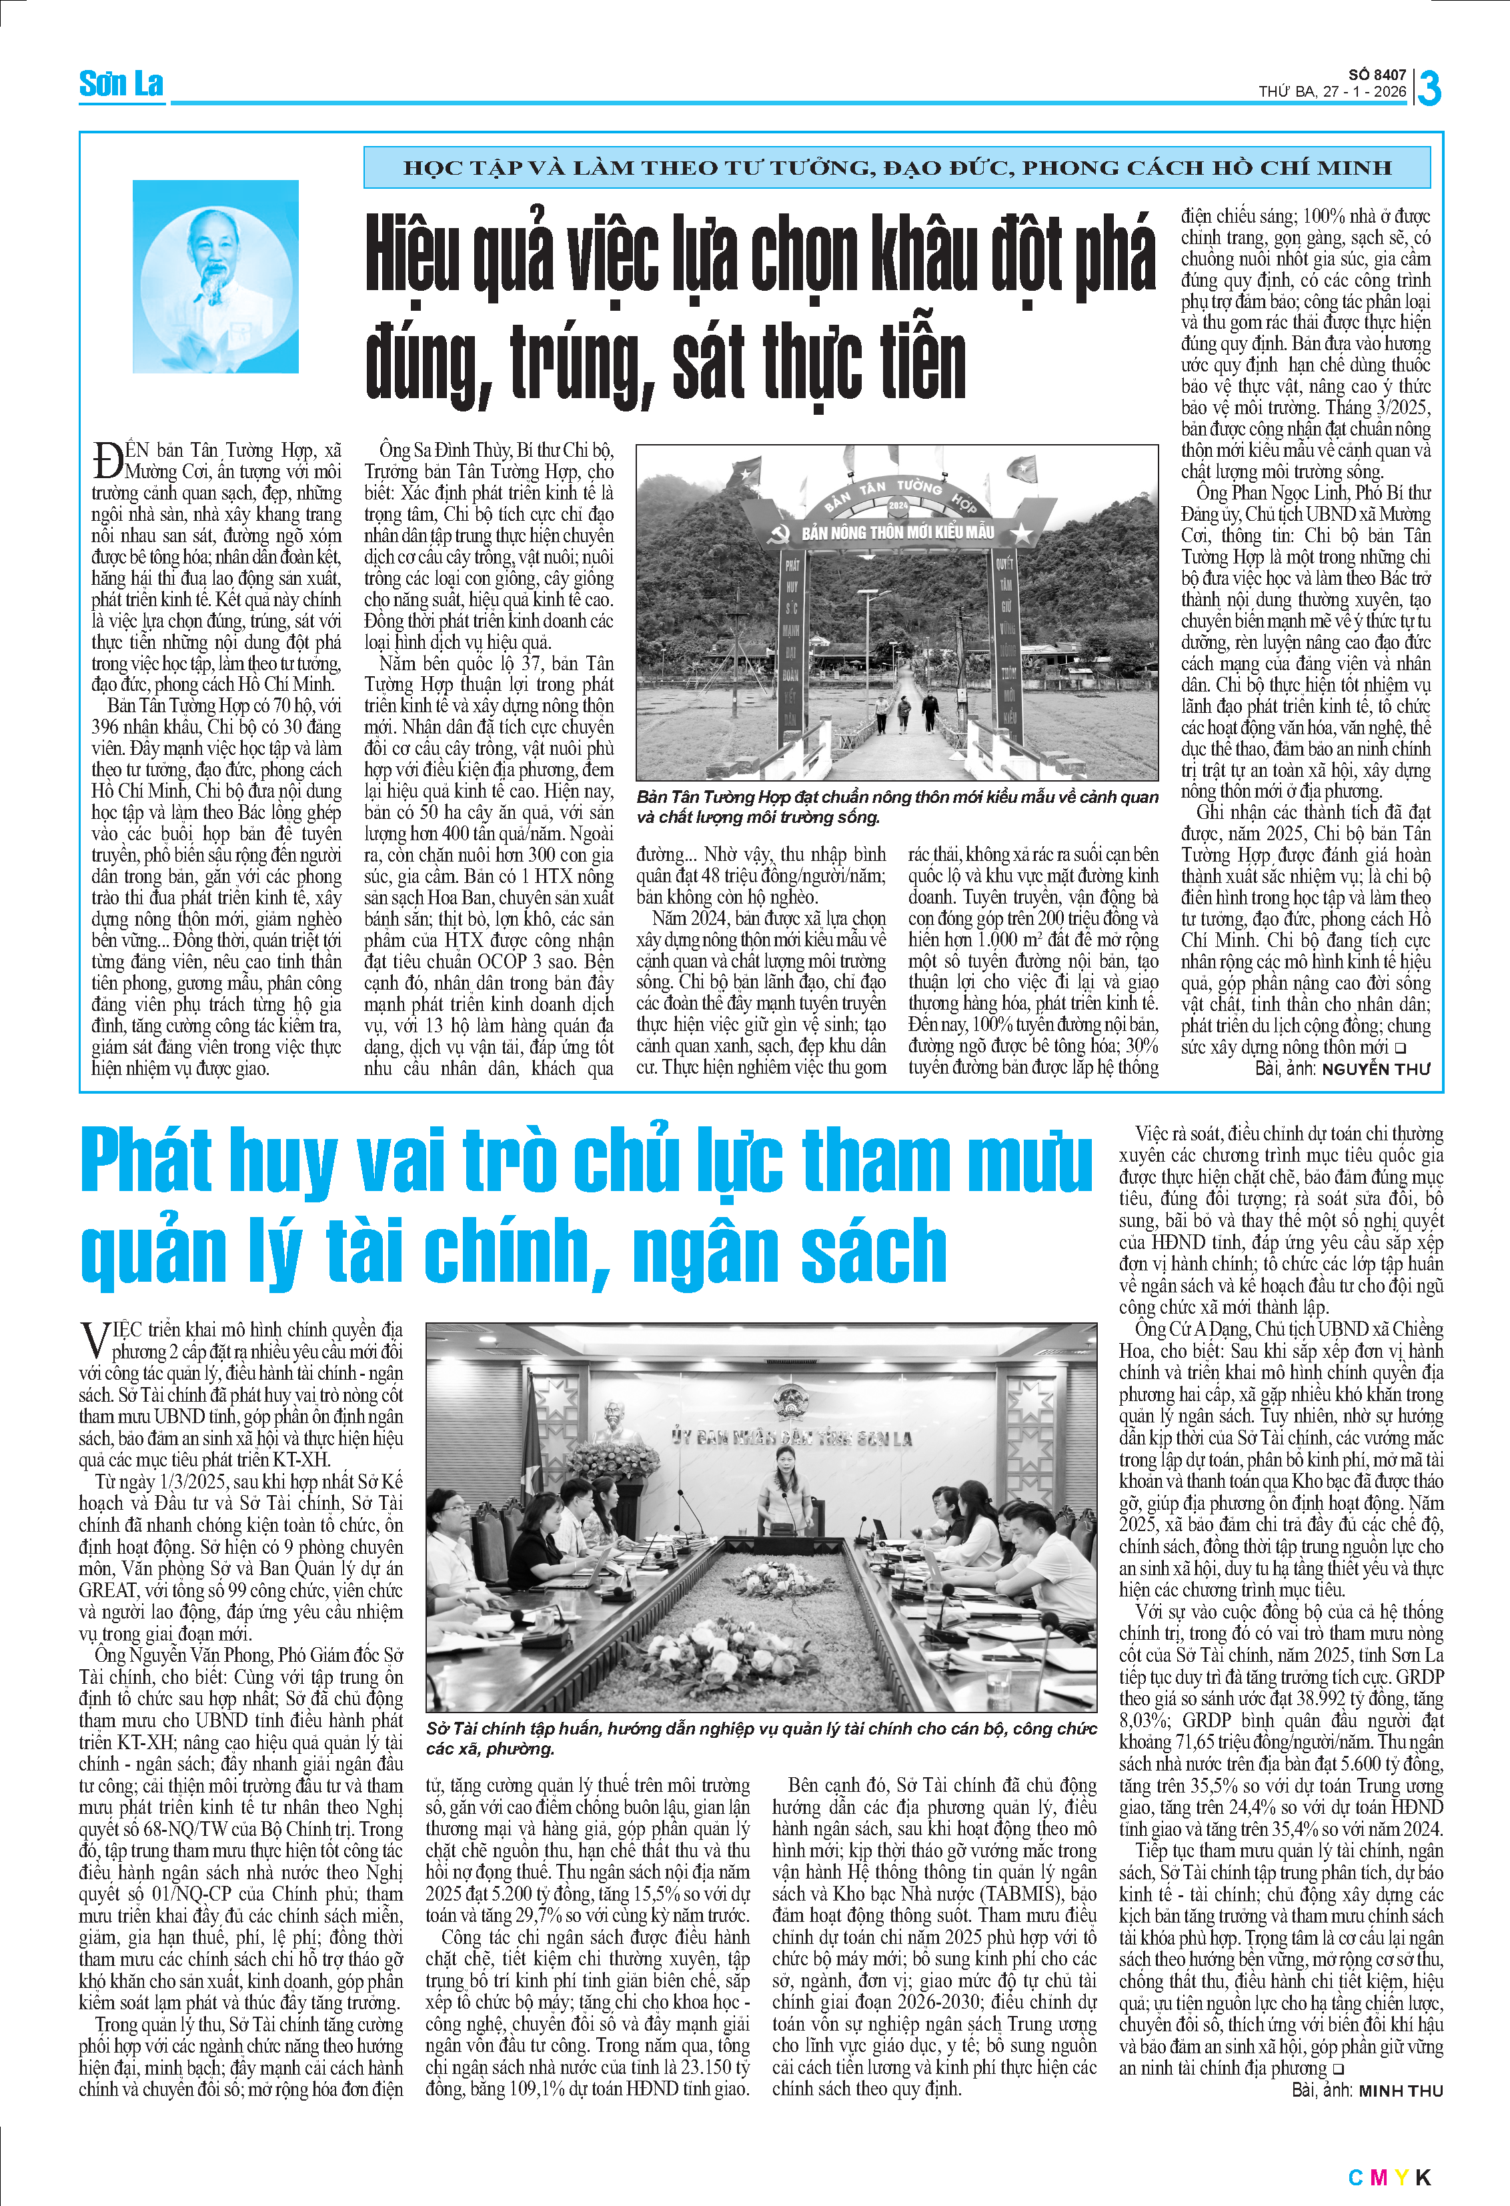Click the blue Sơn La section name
[121, 85]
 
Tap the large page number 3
[1429, 88]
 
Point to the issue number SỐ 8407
[1377, 75]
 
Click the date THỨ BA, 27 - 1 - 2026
[1333, 92]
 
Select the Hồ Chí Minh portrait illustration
[215, 276]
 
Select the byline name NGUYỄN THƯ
[1375, 1069]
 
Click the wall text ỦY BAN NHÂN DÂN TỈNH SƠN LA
[792, 1438]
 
